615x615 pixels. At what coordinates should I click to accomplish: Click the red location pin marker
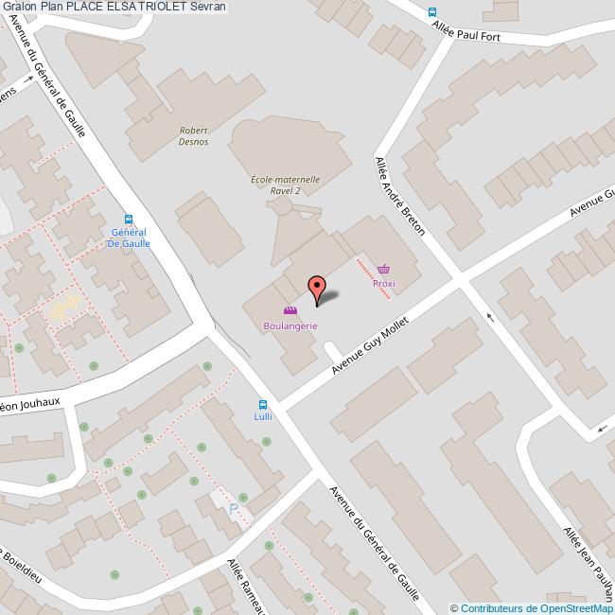(317, 287)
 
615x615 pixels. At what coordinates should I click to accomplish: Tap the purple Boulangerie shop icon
(290, 310)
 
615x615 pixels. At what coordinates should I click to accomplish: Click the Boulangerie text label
(290, 325)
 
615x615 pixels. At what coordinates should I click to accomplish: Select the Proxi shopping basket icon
(383, 269)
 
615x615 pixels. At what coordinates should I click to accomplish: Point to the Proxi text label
(383, 283)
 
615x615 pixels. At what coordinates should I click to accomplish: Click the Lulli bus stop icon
(262, 405)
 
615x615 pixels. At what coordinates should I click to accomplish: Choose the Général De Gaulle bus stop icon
(128, 217)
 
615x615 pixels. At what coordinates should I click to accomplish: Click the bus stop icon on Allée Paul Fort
(432, 12)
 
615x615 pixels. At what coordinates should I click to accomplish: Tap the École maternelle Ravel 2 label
(285, 184)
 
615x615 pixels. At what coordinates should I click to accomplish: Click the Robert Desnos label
(194, 138)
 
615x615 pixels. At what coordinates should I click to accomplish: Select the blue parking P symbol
(234, 510)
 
